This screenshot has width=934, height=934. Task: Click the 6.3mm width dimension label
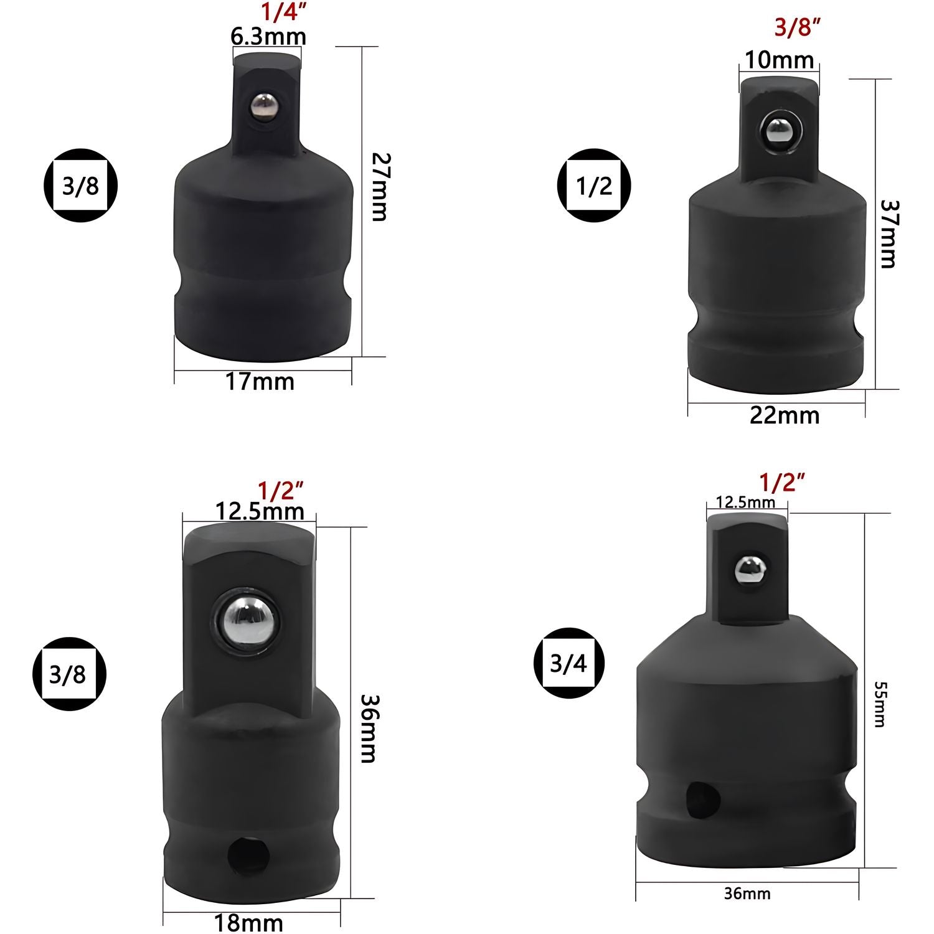click(268, 37)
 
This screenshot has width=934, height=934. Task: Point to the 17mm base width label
click(260, 381)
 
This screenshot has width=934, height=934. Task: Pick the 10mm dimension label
click(780, 60)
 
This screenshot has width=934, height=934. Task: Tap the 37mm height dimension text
click(887, 233)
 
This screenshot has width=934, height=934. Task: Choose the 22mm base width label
click(785, 415)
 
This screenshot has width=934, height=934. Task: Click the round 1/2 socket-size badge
click(593, 185)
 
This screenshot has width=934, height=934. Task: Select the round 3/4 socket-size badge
click(568, 664)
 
